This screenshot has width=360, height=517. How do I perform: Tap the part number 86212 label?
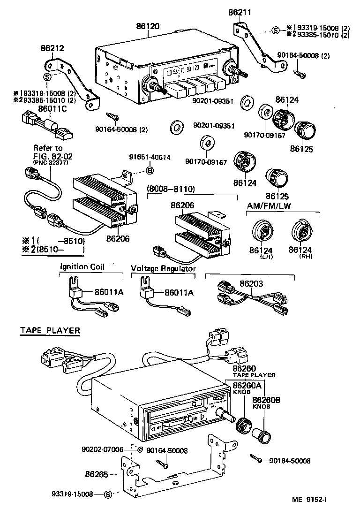52,47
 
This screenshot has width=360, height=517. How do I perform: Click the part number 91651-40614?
150,158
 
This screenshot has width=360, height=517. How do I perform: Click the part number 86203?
252,283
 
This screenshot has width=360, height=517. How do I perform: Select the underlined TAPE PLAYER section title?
50,330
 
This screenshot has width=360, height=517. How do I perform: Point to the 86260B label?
266,400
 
